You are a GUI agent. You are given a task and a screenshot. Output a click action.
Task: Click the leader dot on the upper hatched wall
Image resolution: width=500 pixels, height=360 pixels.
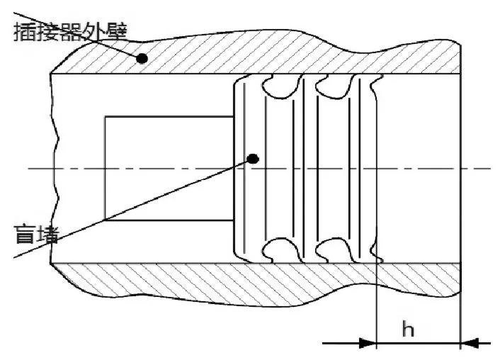[x=142, y=59]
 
